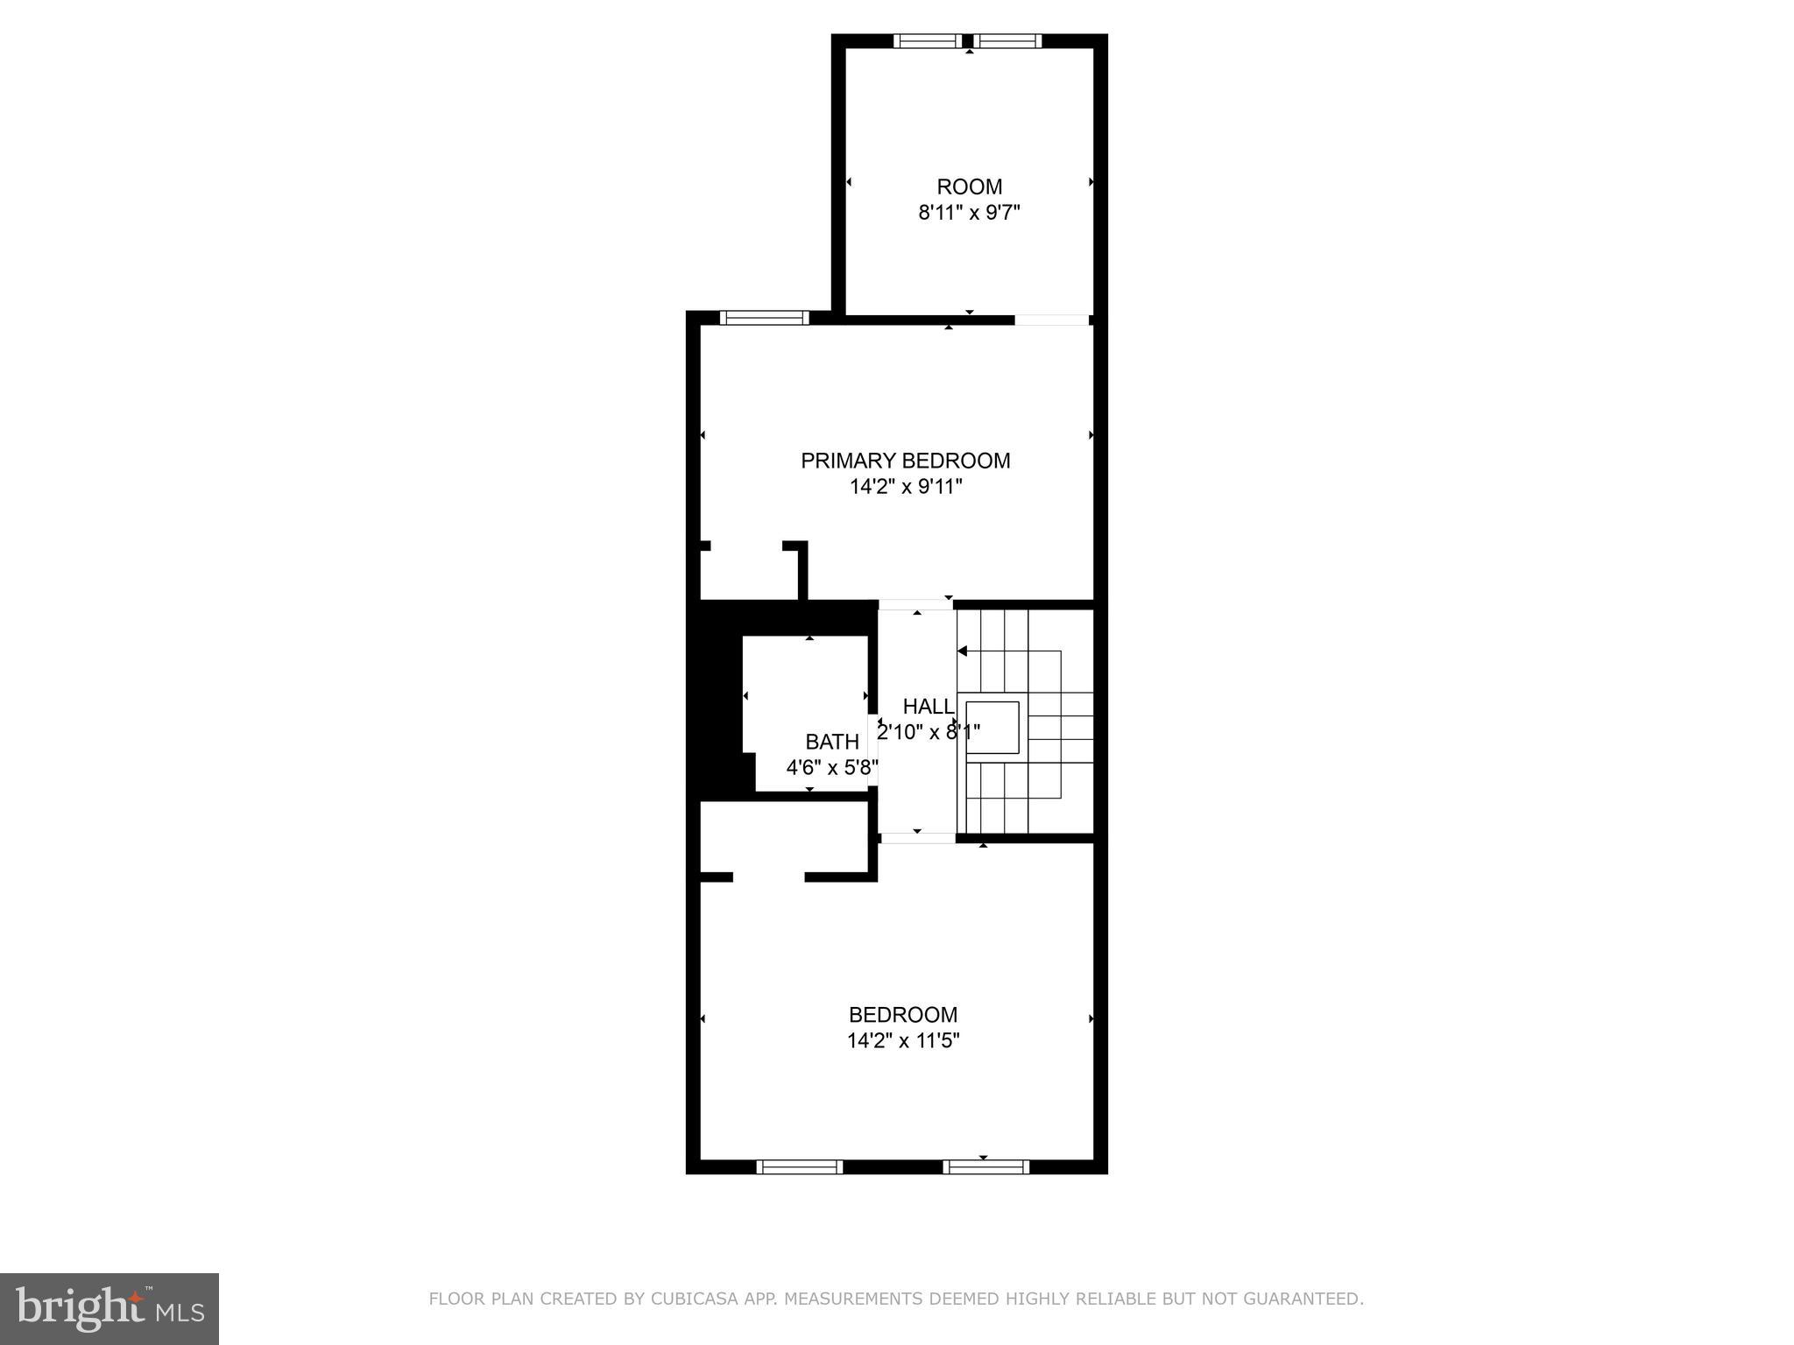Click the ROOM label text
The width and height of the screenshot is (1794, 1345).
click(x=969, y=187)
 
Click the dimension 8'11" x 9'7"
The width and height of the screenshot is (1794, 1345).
click(x=969, y=213)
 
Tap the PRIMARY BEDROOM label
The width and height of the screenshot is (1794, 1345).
click(x=905, y=461)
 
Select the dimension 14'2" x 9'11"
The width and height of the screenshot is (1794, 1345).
click(x=905, y=487)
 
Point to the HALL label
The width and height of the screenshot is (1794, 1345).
click(x=928, y=707)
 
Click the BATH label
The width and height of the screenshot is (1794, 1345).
click(x=831, y=743)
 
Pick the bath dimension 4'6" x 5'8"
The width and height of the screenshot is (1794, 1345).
click(x=831, y=768)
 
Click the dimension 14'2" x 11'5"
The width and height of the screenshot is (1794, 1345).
click(x=903, y=1041)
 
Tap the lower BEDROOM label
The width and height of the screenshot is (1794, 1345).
click(x=903, y=1015)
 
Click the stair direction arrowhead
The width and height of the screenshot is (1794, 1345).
click(x=962, y=651)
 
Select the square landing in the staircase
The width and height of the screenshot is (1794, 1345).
click(x=992, y=727)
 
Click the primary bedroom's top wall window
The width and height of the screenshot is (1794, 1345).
click(x=764, y=318)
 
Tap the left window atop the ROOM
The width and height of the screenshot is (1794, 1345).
click(x=928, y=40)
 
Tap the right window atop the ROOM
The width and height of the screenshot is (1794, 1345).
click(x=1008, y=40)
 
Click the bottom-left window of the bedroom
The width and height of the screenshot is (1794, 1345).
click(x=799, y=1166)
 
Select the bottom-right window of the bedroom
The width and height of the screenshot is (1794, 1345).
click(x=985, y=1166)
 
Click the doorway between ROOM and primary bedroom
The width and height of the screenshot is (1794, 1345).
click(x=1052, y=320)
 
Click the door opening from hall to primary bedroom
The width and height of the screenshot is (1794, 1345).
click(x=915, y=604)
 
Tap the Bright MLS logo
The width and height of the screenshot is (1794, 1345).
click(x=109, y=1308)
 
